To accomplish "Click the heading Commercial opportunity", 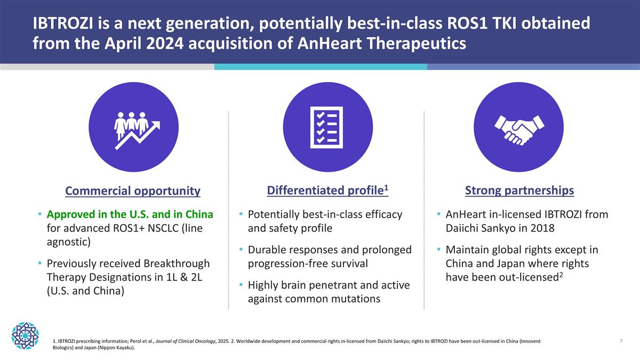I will [x=133, y=191].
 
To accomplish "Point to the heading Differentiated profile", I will [x=326, y=190].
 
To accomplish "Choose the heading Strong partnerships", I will [x=519, y=190].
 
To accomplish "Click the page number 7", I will [x=621, y=341].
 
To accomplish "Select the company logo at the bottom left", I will [x=26, y=335].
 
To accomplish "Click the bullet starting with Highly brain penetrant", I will [x=329, y=292].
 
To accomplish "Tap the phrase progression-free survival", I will [x=307, y=263].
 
